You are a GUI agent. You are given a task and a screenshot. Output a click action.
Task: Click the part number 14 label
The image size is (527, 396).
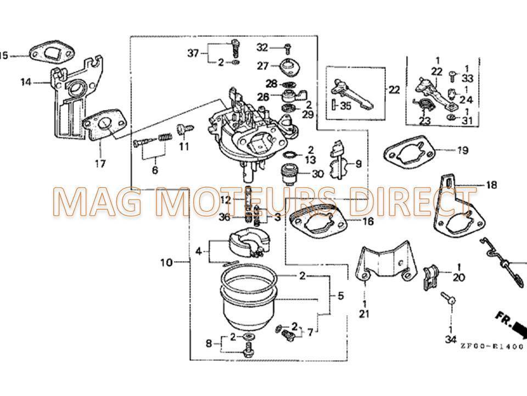tap(26, 82)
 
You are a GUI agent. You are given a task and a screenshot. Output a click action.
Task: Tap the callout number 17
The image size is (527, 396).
tap(101, 163)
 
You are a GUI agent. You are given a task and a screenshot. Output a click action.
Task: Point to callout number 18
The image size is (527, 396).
tap(491, 185)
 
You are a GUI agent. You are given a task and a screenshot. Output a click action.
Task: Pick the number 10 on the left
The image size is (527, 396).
tap(166, 263)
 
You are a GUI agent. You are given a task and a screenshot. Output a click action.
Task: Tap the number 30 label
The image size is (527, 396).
tap(318, 174)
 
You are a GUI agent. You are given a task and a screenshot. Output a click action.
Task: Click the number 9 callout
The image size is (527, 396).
tap(359, 163)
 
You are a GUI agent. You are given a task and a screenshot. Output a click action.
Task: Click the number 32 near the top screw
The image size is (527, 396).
tap(262, 47)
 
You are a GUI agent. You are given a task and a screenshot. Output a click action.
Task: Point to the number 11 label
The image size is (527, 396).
tap(183, 146)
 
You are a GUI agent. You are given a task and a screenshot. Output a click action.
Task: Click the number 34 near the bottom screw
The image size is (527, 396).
tap(451, 339)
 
